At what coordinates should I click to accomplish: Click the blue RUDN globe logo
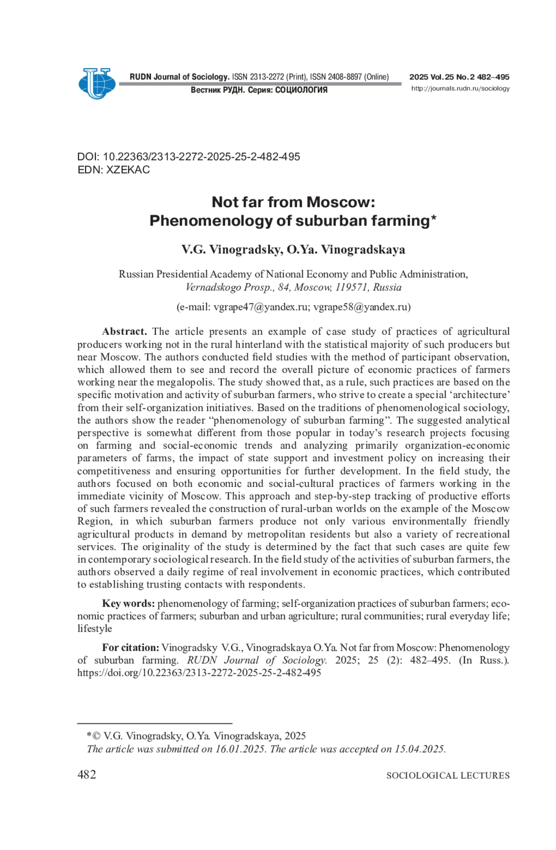click(97, 83)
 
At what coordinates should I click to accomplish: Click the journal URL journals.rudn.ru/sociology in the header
click(460, 89)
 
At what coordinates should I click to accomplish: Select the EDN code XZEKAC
click(128, 170)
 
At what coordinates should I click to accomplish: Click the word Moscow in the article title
click(341, 202)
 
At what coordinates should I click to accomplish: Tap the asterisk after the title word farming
click(434, 219)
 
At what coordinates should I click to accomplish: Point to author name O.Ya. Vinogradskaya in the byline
click(346, 249)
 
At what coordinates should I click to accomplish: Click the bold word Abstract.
click(124, 331)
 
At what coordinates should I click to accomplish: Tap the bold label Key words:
click(128, 603)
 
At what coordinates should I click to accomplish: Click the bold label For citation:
click(130, 647)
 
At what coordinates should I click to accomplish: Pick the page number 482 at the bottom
click(87, 774)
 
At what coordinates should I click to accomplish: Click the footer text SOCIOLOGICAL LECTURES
click(448, 775)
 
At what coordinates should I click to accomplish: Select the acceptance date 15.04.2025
click(419, 749)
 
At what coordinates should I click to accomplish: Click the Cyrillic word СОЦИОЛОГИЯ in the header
click(301, 90)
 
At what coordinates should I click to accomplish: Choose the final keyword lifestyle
click(95, 628)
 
